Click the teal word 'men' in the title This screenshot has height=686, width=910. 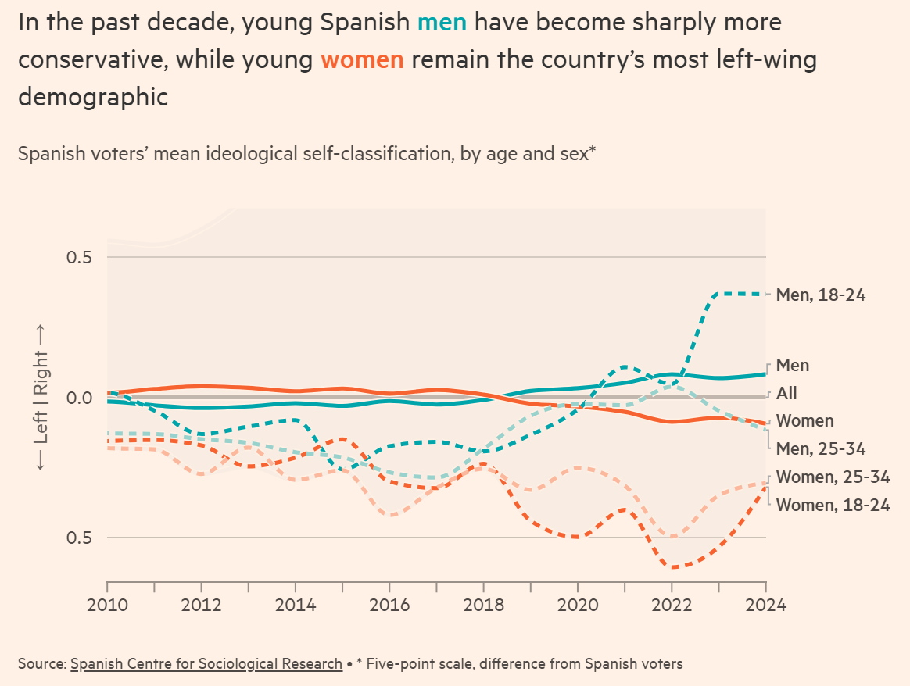tap(442, 22)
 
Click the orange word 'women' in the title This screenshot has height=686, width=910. tap(362, 59)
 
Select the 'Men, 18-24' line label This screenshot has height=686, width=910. tap(821, 295)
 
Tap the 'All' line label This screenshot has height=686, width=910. tap(786, 394)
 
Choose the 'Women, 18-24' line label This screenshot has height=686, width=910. tap(833, 505)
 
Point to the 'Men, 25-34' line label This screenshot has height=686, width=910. tap(821, 448)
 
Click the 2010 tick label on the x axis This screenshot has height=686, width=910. tap(107, 606)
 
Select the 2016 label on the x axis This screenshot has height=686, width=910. tap(389, 606)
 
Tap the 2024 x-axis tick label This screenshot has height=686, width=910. tap(765, 606)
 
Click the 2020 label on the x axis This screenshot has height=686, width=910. tap(577, 606)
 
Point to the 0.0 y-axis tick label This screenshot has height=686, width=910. tap(76, 398)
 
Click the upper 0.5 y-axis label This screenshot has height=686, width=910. tap(76, 258)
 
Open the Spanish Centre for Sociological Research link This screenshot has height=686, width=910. tap(206, 664)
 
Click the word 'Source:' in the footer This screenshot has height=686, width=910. tap(41, 664)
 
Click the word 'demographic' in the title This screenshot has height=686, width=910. tap(93, 97)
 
